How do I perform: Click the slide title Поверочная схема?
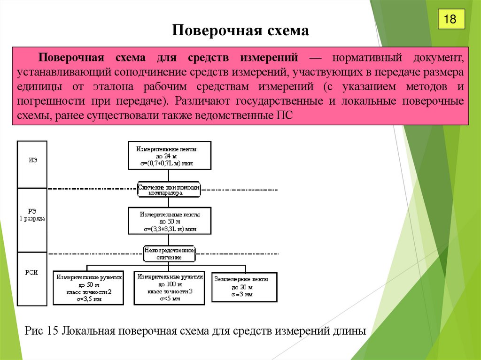[x=240, y=31]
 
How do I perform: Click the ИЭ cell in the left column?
[x=32, y=160]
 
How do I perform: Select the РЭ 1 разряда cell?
[x=32, y=215]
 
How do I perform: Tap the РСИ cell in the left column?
[x=32, y=272]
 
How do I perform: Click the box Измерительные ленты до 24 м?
[x=169, y=156]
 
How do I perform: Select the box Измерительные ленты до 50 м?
[x=169, y=221]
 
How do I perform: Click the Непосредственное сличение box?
[x=169, y=254]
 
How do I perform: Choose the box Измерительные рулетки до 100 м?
[x=170, y=288]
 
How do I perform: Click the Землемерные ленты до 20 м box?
[x=244, y=286]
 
